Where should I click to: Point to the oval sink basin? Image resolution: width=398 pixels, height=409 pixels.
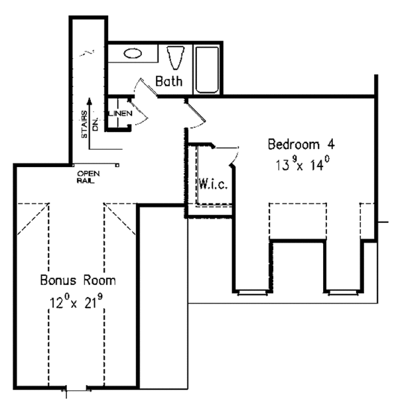tap(133, 53)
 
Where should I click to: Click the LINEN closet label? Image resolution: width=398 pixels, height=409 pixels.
tap(121, 113)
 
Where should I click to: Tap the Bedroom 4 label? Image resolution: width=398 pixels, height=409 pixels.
tap(298, 144)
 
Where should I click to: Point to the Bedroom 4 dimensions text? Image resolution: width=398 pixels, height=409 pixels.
tap(298, 164)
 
